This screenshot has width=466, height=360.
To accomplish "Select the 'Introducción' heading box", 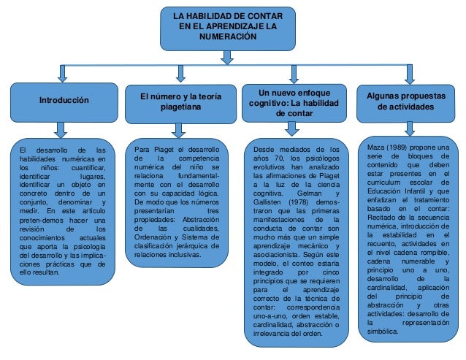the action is pos(64,101).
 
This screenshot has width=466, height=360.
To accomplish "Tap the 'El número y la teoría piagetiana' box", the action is pos(179,102).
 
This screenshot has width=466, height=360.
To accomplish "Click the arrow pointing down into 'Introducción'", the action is pos(64,73).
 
